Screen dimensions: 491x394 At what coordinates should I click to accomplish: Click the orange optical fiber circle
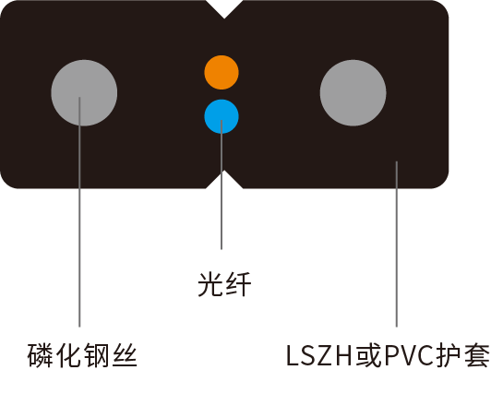point(222,73)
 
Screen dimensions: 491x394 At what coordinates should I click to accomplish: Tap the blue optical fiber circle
point(222,117)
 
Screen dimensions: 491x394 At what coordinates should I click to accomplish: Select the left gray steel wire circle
point(84,93)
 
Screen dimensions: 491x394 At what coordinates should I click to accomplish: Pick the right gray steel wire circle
point(353,93)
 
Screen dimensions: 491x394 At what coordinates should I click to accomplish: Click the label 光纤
point(224,284)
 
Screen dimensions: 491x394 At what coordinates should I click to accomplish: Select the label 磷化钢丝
point(82,355)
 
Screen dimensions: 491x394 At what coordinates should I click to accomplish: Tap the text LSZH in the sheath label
point(319,355)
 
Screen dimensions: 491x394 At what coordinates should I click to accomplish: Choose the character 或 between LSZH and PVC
point(367,355)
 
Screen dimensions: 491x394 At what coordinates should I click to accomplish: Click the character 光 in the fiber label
point(210,284)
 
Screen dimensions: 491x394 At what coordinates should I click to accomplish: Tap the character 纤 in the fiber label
point(239,284)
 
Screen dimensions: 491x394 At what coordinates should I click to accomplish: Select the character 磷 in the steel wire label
point(40,355)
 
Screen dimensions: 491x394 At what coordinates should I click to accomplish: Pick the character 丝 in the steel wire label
point(125,355)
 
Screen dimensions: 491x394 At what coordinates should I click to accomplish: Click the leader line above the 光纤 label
point(222,185)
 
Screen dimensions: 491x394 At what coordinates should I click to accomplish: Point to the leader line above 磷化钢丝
point(79,212)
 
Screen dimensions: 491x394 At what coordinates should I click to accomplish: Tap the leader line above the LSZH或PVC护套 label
point(397,245)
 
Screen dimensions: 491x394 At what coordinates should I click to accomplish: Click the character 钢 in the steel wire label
point(96,355)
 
